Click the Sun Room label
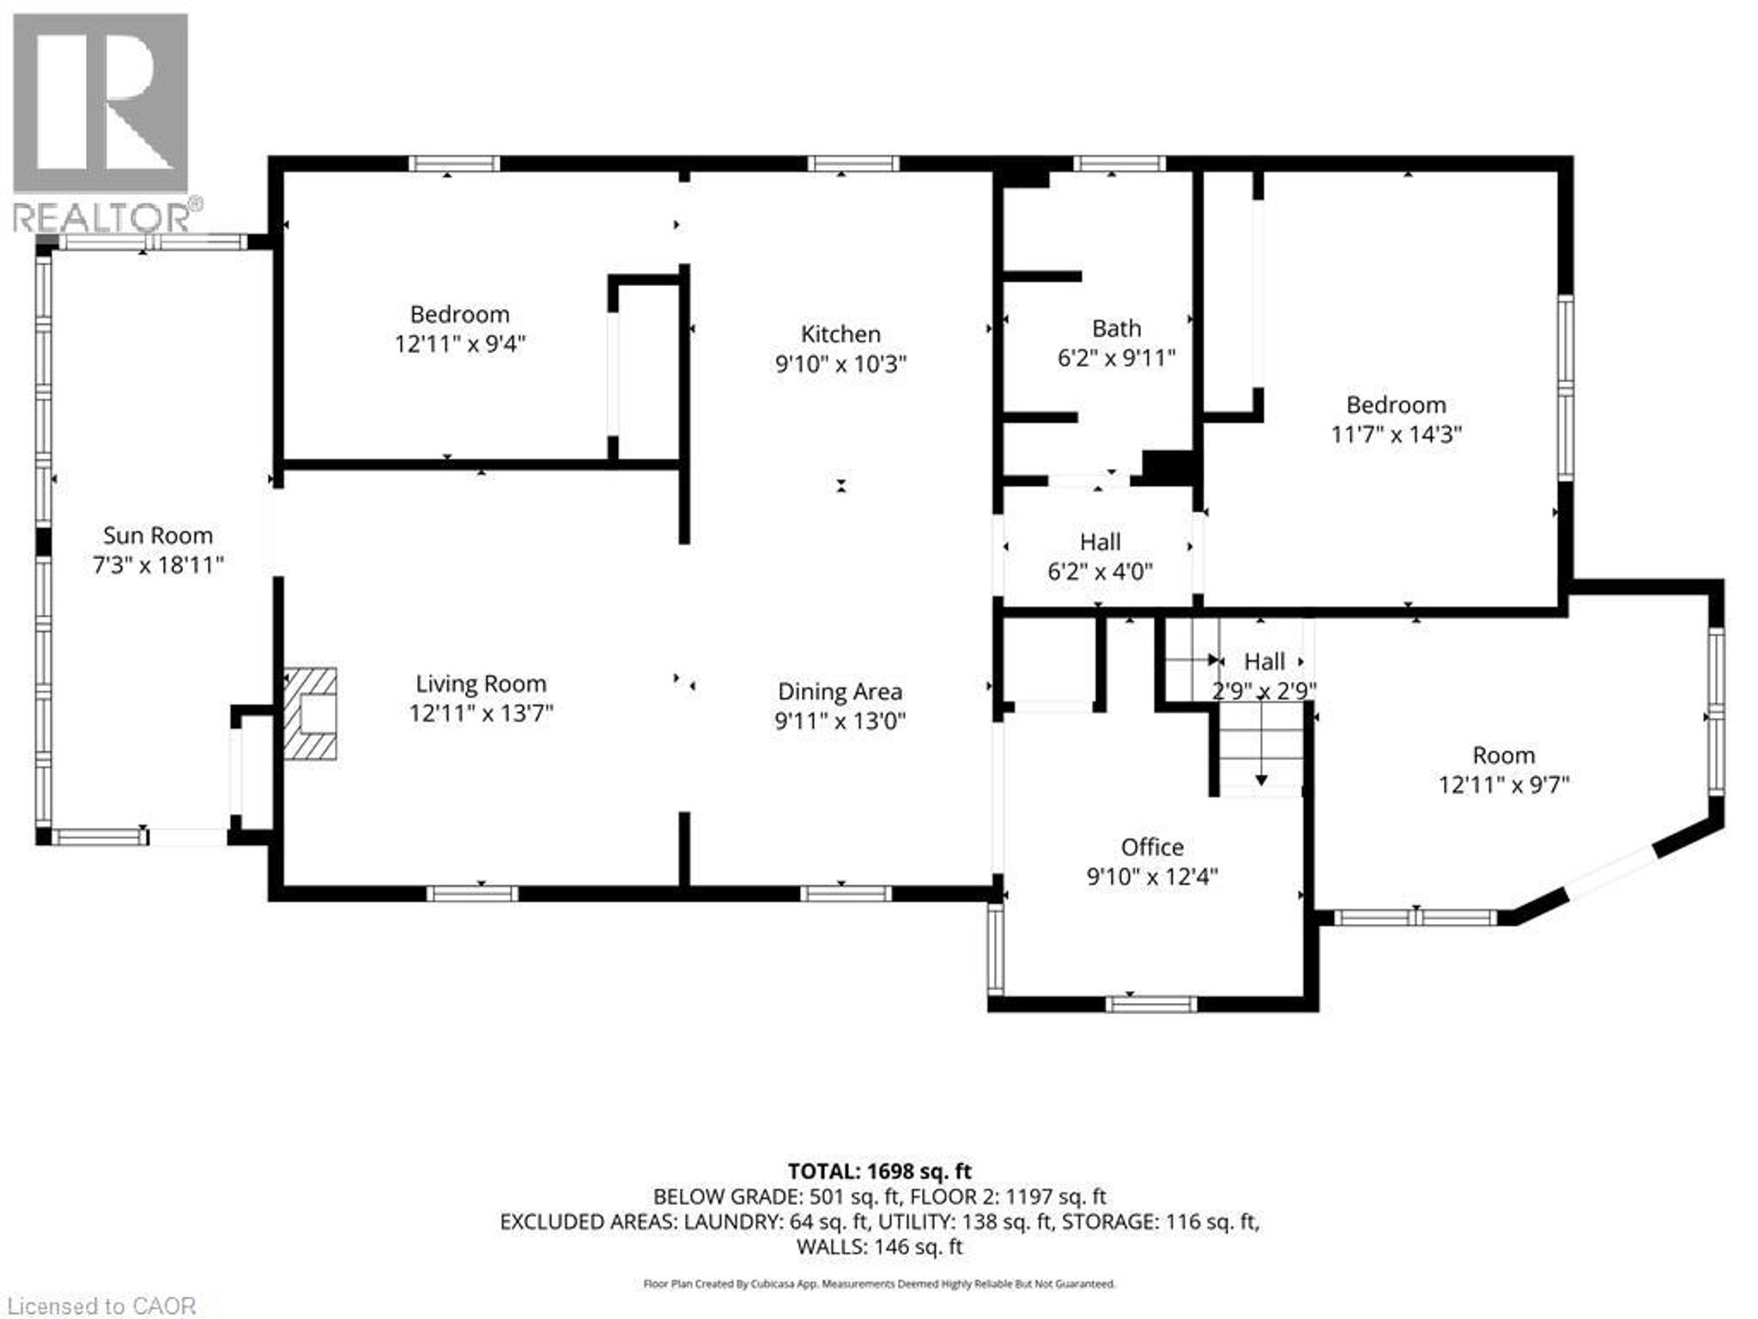[157, 535]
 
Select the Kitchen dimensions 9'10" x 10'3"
[840, 364]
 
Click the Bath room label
[1116, 328]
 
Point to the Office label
[1152, 846]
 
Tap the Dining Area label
[840, 692]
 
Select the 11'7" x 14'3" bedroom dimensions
[1395, 434]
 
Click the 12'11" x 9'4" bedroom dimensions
[460, 344]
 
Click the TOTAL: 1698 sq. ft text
[879, 1171]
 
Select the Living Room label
[481, 683]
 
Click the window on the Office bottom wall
[1151, 1004]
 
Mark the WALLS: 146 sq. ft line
[879, 1246]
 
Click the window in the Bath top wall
[1119, 164]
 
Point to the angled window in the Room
[1611, 872]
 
